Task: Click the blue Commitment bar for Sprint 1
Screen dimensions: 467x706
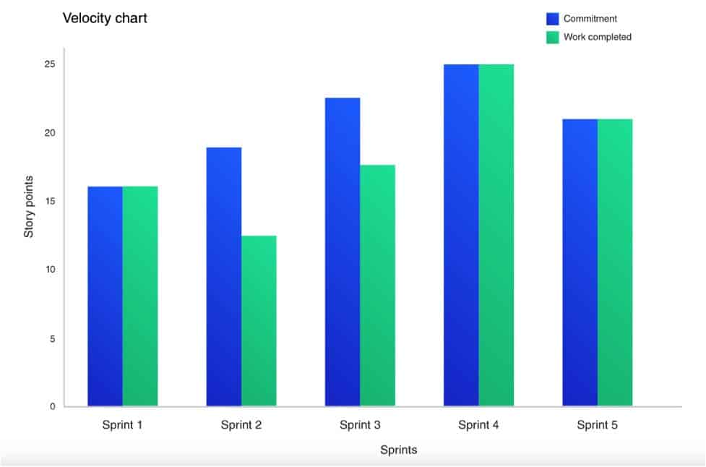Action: pyautogui.click(x=105, y=296)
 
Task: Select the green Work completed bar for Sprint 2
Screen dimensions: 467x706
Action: pyautogui.click(x=259, y=321)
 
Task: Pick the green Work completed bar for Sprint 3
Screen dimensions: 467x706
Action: pyautogui.click(x=377, y=286)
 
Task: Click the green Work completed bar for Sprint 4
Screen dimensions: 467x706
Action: pyautogui.click(x=496, y=235)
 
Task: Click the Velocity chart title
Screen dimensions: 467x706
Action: pyautogui.click(x=105, y=18)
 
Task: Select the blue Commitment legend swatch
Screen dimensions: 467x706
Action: pyautogui.click(x=553, y=19)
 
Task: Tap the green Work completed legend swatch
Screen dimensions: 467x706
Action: pyautogui.click(x=553, y=37)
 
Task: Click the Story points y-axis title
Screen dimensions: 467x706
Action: pyautogui.click(x=30, y=206)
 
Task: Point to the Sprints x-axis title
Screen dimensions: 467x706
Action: pyautogui.click(x=399, y=450)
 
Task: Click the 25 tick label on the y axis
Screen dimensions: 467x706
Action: pyautogui.click(x=50, y=64)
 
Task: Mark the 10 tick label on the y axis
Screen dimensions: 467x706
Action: pyautogui.click(x=50, y=270)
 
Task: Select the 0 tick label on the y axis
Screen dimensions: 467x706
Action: pyautogui.click(x=53, y=406)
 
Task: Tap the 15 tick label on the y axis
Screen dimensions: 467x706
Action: pyautogui.click(x=50, y=201)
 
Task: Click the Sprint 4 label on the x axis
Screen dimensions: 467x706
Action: pyautogui.click(x=478, y=425)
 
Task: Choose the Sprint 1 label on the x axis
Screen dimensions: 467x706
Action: pyautogui.click(x=122, y=425)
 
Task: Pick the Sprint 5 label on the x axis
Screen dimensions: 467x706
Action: pyautogui.click(x=597, y=425)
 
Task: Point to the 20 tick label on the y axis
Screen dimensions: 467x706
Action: pyautogui.click(x=50, y=133)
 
